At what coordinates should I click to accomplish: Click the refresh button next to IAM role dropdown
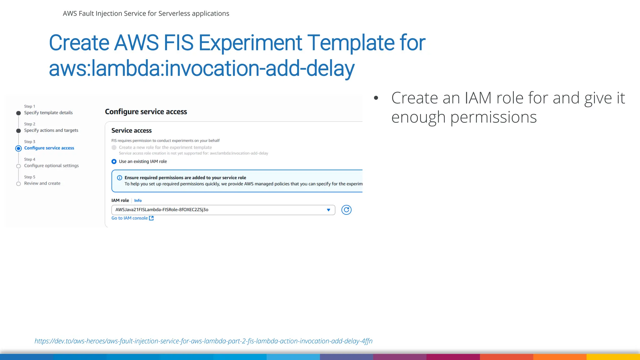pos(346,210)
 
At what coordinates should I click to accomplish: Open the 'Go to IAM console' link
pos(129,218)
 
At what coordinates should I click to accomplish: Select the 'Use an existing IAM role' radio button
pos(114,162)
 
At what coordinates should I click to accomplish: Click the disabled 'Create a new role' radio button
pos(114,147)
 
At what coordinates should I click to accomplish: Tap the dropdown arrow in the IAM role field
pos(328,210)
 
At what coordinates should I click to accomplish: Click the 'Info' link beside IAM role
pos(138,201)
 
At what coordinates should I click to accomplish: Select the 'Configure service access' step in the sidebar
pos(49,148)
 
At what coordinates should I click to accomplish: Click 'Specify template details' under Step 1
pos(48,113)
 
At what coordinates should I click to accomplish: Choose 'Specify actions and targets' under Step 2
pos(51,130)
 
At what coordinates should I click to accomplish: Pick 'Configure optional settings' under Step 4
pos(51,166)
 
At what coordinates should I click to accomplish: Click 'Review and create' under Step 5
pos(42,183)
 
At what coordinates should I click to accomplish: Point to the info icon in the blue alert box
pos(119,178)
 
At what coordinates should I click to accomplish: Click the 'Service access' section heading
pos(131,131)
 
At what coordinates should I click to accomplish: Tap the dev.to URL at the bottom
pos(203,341)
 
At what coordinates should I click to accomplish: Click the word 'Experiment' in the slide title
pos(250,43)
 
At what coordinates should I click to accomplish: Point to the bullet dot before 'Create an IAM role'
pos(376,98)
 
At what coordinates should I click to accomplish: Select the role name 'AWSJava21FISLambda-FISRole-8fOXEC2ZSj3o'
pos(162,210)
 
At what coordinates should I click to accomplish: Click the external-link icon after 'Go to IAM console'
pos(152,218)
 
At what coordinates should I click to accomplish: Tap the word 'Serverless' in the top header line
pos(174,13)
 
